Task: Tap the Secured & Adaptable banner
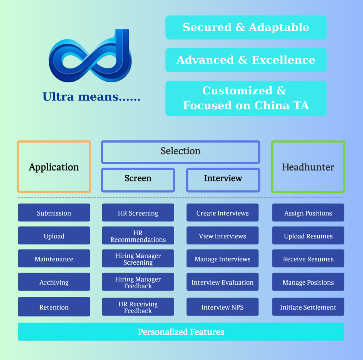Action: click(x=246, y=27)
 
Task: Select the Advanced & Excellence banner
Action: click(x=246, y=60)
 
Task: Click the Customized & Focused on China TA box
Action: click(x=246, y=98)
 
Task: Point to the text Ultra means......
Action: click(x=91, y=96)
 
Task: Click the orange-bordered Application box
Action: click(x=54, y=167)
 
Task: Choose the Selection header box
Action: click(x=180, y=151)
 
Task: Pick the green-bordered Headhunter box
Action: click(x=308, y=167)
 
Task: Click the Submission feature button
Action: click(x=54, y=213)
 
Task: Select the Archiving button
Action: click(x=54, y=282)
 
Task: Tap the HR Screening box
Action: click(x=138, y=213)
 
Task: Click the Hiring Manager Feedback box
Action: click(x=138, y=282)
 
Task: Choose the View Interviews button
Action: click(x=222, y=236)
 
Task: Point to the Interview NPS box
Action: click(x=222, y=307)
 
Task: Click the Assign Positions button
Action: click(x=308, y=213)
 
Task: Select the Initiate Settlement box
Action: click(x=308, y=307)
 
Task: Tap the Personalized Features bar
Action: click(x=181, y=332)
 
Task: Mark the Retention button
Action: click(x=54, y=307)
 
